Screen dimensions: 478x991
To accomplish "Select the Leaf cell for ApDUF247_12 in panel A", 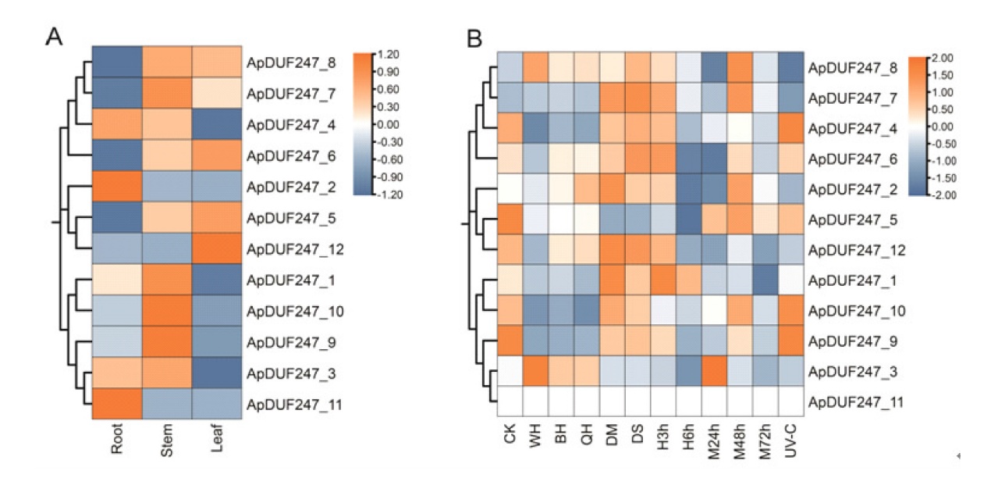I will (x=215, y=248).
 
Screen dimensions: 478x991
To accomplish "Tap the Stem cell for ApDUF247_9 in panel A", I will (x=166, y=342).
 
